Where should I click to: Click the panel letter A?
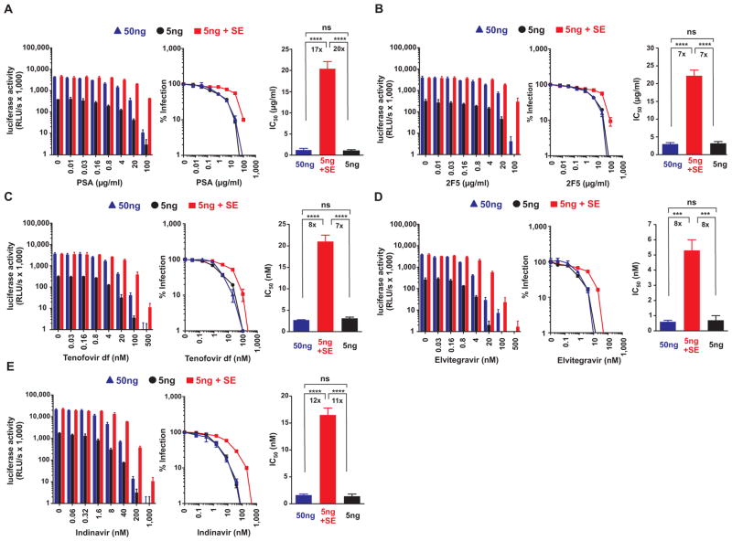8,7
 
